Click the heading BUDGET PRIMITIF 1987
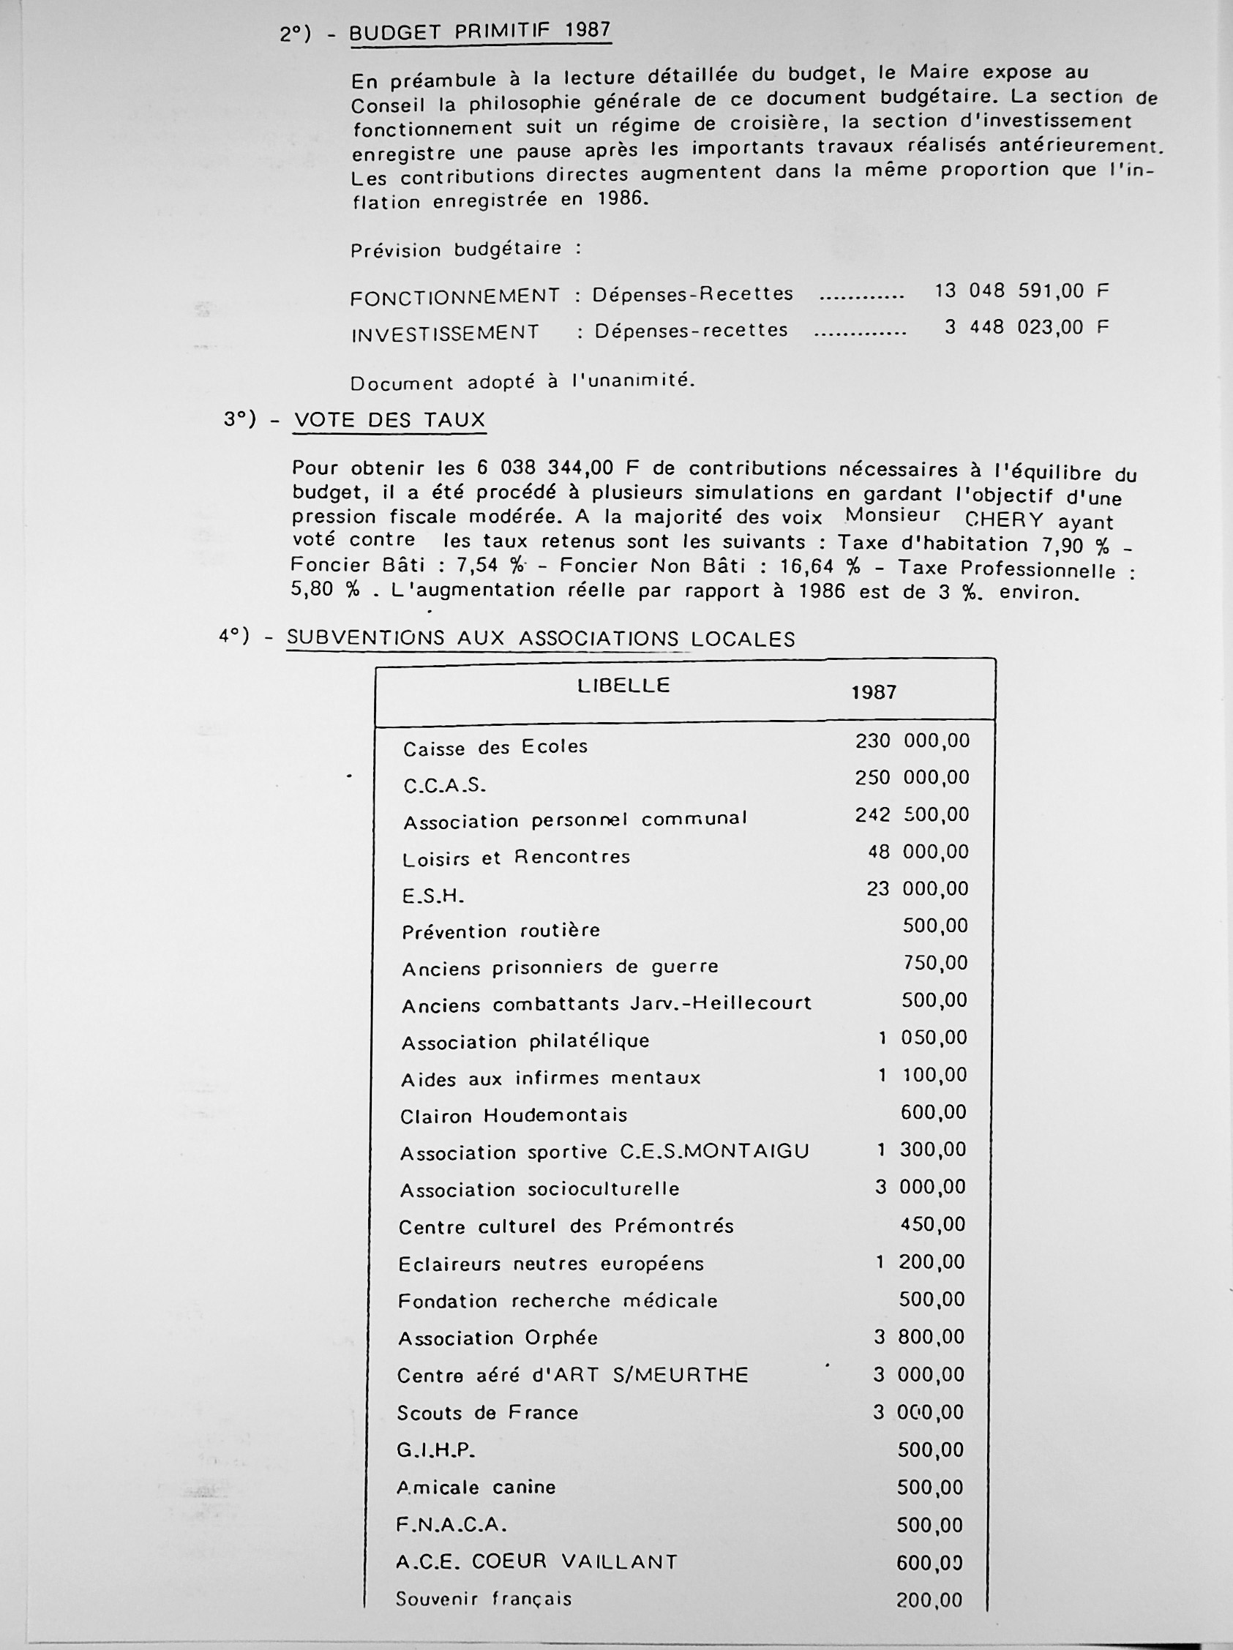tap(479, 32)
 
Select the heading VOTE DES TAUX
tap(389, 420)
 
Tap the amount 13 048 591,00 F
tap(1022, 291)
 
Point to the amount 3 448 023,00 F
tap(1026, 328)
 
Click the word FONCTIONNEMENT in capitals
tap(454, 296)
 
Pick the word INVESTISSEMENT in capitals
tap(446, 333)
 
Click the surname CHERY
tap(1004, 520)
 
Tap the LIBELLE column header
tap(623, 686)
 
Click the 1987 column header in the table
tap(874, 692)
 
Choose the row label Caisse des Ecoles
tap(495, 747)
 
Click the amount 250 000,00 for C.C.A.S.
tap(912, 777)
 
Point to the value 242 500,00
tap(912, 814)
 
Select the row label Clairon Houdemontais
tap(513, 1116)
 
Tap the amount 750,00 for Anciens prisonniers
tap(934, 963)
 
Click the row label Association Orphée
tap(498, 1338)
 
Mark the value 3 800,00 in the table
tap(919, 1337)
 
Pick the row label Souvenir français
tap(484, 1600)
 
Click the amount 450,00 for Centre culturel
tap(932, 1224)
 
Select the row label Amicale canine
tap(476, 1488)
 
